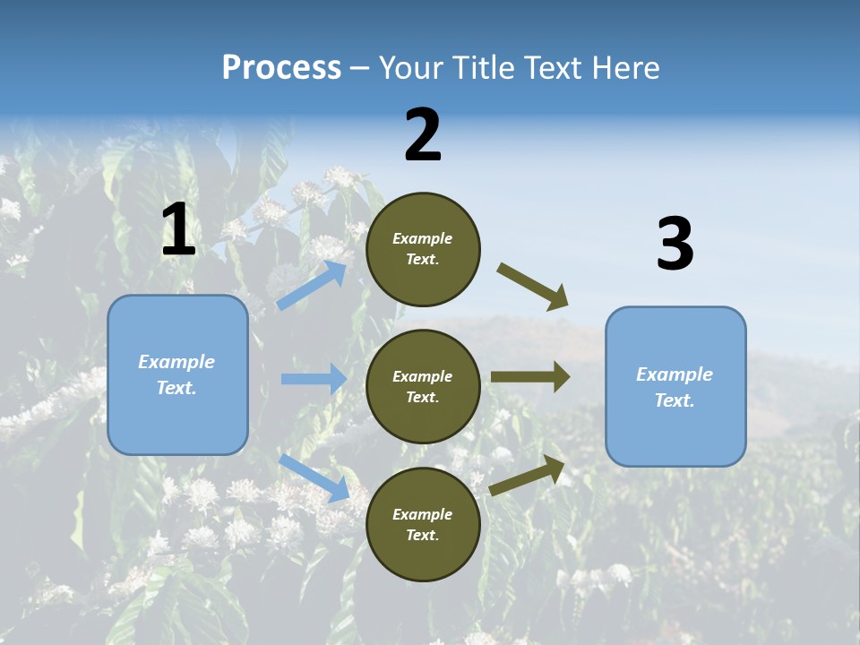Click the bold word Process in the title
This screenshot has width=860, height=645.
pyautogui.click(x=281, y=68)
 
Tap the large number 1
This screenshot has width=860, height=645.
pyautogui.click(x=178, y=230)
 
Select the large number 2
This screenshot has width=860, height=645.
pyautogui.click(x=423, y=135)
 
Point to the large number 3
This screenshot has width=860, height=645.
pyautogui.click(x=675, y=245)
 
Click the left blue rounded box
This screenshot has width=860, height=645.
pyautogui.click(x=177, y=374)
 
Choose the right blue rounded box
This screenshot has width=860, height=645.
pyautogui.click(x=675, y=386)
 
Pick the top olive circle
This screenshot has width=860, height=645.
pyautogui.click(x=423, y=248)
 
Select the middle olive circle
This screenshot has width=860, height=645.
pyautogui.click(x=423, y=386)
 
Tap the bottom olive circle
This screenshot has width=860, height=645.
pyautogui.click(x=423, y=524)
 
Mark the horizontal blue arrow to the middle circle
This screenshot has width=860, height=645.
pyautogui.click(x=313, y=379)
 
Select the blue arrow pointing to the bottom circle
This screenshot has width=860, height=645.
pyautogui.click(x=314, y=477)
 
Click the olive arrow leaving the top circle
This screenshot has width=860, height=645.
pyautogui.click(x=532, y=287)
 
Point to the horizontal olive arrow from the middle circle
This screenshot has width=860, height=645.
pyautogui.click(x=529, y=377)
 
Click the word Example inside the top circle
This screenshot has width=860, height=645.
pyautogui.click(x=423, y=238)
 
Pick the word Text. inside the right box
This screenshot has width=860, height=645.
pyautogui.click(x=675, y=400)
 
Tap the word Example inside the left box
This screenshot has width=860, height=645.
pyautogui.click(x=176, y=362)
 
